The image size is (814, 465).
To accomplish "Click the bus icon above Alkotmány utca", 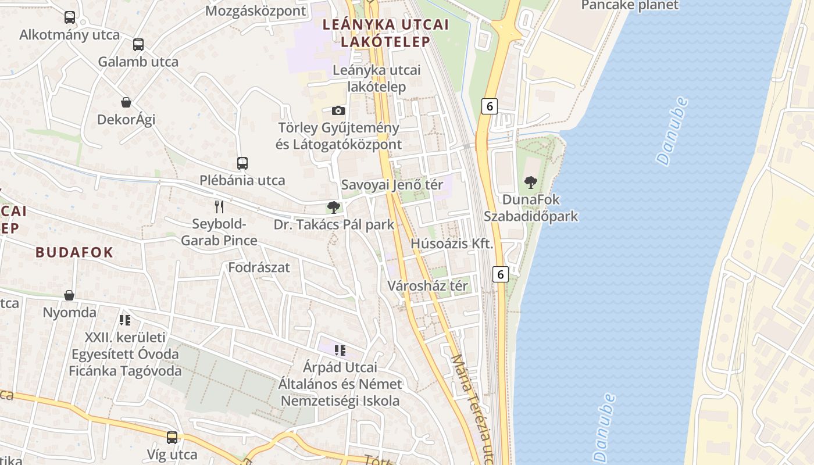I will [70, 17].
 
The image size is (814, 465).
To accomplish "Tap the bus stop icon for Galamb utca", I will [138, 45].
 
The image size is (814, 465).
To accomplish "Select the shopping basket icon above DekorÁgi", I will [126, 102].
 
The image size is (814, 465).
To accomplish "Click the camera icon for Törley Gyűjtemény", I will [338, 110].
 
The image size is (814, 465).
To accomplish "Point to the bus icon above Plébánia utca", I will [242, 163].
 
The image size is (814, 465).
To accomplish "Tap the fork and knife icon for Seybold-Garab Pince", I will [219, 206].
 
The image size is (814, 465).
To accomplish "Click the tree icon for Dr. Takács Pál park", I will [333, 207].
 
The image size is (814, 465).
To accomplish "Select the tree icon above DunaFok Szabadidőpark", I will [531, 182].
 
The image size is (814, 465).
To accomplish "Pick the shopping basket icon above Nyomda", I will [69, 295].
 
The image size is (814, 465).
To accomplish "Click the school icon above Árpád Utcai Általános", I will [340, 350].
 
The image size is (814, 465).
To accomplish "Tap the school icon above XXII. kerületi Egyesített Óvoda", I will [125, 320].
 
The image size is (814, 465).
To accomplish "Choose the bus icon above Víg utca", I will [172, 437].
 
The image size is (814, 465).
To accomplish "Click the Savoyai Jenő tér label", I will [392, 185].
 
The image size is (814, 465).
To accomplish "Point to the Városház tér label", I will [427, 286].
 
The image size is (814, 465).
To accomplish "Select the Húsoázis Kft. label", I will [452, 244].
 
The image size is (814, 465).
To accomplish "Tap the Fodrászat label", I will [259, 268].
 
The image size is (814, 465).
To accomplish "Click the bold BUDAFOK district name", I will [74, 252].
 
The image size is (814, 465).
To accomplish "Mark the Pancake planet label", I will [630, 6].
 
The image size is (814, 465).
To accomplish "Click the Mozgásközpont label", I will [256, 11].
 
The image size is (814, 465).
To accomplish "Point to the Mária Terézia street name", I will [474, 407].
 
